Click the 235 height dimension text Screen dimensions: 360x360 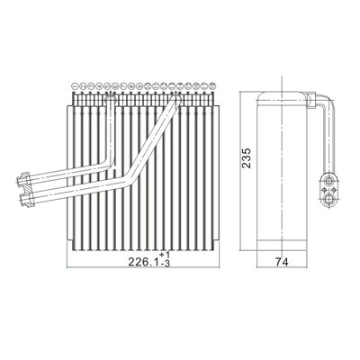pyautogui.click(x=247, y=157)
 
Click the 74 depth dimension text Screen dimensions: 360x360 pyautogui.click(x=282, y=262)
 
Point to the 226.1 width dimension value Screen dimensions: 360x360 pyautogui.click(x=143, y=262)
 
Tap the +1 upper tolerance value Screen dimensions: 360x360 pyautogui.click(x=165, y=255)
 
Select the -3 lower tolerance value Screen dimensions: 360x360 pyautogui.click(x=166, y=264)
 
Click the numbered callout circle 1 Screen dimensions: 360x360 pyautogui.click(x=75, y=86)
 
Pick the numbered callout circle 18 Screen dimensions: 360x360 pyautogui.click(x=212, y=86)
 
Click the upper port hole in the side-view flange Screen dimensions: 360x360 pyautogui.click(x=329, y=181)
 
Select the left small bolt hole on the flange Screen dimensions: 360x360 pyautogui.click(x=324, y=190)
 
